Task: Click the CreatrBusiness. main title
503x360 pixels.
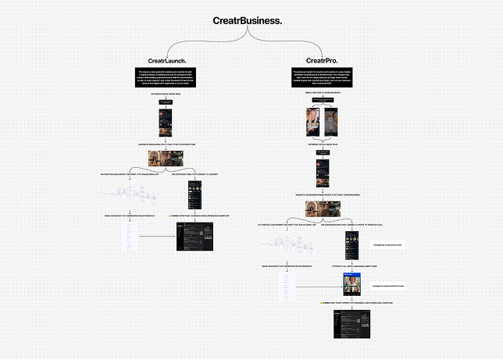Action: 248,20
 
